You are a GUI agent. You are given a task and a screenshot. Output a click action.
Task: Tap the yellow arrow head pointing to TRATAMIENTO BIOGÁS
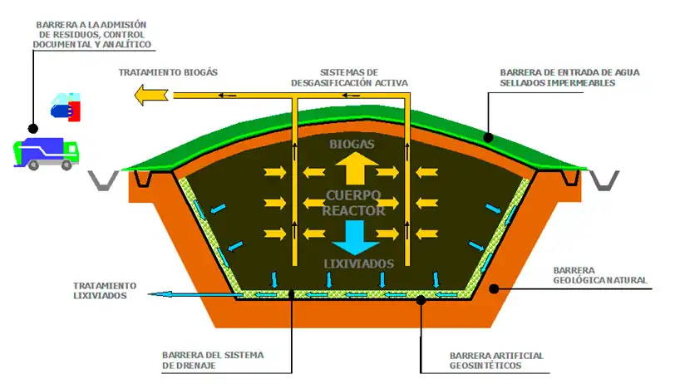point(149,96)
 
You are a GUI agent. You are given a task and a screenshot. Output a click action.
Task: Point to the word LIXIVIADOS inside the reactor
point(358,263)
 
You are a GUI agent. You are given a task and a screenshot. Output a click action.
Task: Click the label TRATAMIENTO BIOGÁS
point(168,72)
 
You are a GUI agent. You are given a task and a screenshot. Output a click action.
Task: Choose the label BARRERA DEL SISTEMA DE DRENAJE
point(213,360)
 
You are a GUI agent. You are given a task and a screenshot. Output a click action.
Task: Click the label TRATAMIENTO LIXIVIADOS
point(100,289)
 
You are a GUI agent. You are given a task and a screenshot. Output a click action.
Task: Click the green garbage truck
point(47,153)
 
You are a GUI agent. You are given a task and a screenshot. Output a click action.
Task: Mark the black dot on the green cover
point(489,138)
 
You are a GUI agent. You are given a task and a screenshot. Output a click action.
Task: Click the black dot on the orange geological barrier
point(495,289)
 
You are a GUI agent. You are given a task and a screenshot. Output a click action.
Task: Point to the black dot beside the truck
point(32,129)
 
